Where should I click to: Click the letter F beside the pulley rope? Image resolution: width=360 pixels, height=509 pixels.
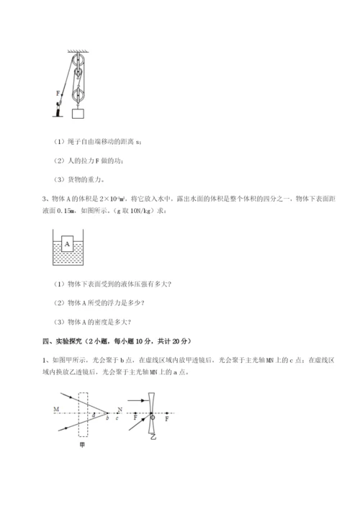58,93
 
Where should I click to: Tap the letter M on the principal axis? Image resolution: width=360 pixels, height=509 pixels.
55,409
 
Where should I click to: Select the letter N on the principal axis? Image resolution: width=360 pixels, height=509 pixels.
120,408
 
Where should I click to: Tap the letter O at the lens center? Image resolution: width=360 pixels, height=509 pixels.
153,418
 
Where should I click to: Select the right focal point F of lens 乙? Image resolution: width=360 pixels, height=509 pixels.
168,418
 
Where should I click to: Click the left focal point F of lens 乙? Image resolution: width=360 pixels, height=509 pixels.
135,418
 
